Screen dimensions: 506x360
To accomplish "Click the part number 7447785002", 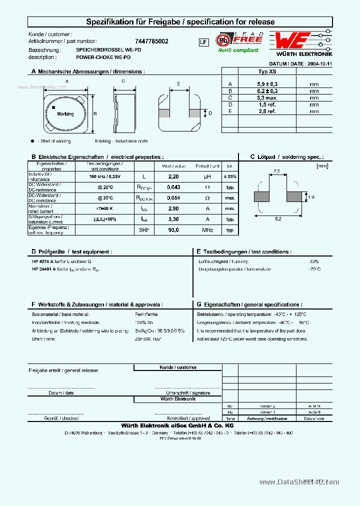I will [151, 41].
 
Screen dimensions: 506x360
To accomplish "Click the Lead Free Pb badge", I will [238, 40].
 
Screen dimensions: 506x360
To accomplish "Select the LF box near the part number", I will [203, 42].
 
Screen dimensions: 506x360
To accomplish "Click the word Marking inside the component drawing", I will [65, 114].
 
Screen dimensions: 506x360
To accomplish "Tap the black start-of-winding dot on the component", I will [53, 107].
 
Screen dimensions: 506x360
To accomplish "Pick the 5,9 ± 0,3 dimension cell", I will [266, 84].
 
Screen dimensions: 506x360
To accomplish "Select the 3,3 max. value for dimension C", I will [266, 98].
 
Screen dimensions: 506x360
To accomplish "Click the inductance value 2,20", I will [173, 177].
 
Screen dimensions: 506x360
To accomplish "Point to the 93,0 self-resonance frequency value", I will [173, 230].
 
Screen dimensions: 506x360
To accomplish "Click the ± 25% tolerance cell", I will [230, 177].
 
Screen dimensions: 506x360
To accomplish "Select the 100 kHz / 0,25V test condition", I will [104, 177].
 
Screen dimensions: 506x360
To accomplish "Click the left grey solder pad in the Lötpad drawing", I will [262, 196].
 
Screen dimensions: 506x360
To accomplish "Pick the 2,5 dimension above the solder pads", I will [277, 171].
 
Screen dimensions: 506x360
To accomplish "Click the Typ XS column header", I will [266, 71].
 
